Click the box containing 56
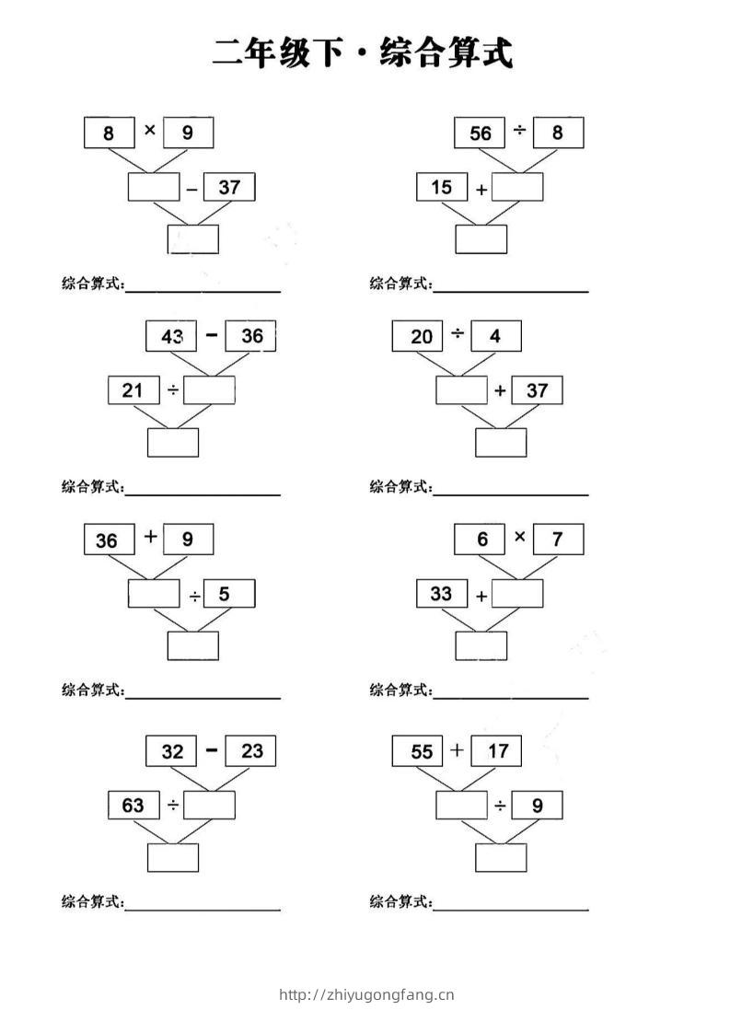pyautogui.click(x=480, y=133)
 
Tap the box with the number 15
pyautogui.click(x=442, y=187)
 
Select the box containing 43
pyautogui.click(x=171, y=336)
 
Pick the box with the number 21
pyautogui.click(x=133, y=390)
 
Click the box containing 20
pyautogui.click(x=418, y=336)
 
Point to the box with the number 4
pyautogui.click(x=496, y=336)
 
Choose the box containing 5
pyautogui.click(x=229, y=594)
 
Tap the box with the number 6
pyautogui.click(x=480, y=540)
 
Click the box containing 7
pyautogui.click(x=558, y=540)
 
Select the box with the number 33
pyautogui.click(x=442, y=594)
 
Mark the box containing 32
pyautogui.click(x=171, y=751)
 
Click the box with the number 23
pyautogui.click(x=250, y=751)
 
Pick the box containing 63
pyautogui.click(x=133, y=805)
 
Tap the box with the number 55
pyautogui.click(x=418, y=751)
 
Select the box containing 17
pyautogui.click(x=496, y=751)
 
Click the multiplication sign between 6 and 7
pyautogui.click(x=519, y=536)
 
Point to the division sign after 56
pyautogui.click(x=519, y=131)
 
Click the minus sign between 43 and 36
pyautogui.click(x=211, y=335)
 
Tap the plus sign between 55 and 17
pyautogui.click(x=458, y=749)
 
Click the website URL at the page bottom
pyautogui.click(x=366, y=994)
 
